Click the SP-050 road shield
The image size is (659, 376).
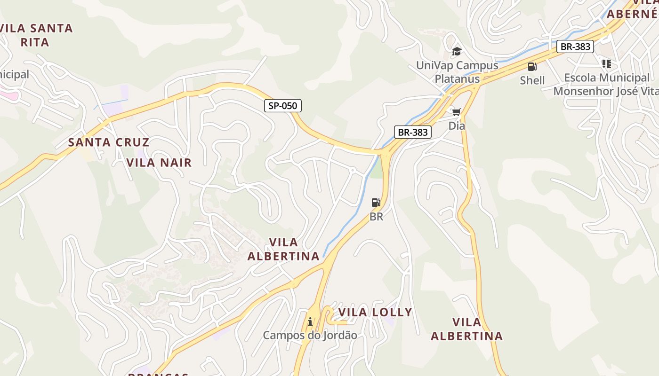click(x=282, y=106)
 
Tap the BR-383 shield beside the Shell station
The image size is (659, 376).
click(x=575, y=47)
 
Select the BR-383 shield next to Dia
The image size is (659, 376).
click(x=412, y=132)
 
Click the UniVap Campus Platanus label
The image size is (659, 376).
click(x=457, y=72)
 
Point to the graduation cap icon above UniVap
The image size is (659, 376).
click(x=456, y=51)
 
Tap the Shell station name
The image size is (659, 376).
click(x=532, y=80)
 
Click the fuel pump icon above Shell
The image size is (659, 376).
click(x=532, y=67)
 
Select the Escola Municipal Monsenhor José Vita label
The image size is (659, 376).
click(x=606, y=84)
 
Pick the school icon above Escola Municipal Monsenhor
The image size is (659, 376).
click(x=606, y=63)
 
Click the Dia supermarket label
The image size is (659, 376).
click(x=456, y=125)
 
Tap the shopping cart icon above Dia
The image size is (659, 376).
click(x=456, y=112)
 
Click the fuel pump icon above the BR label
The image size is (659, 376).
click(x=376, y=203)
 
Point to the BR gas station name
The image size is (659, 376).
click(x=376, y=217)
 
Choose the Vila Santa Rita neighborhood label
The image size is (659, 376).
click(x=37, y=35)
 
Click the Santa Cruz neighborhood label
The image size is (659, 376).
click(x=109, y=142)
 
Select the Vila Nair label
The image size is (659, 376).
click(x=159, y=163)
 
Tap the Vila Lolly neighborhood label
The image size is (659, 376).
click(x=375, y=312)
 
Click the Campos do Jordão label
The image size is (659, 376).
click(x=310, y=335)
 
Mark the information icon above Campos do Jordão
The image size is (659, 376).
click(x=310, y=322)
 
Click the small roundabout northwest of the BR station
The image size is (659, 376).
click(x=352, y=170)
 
